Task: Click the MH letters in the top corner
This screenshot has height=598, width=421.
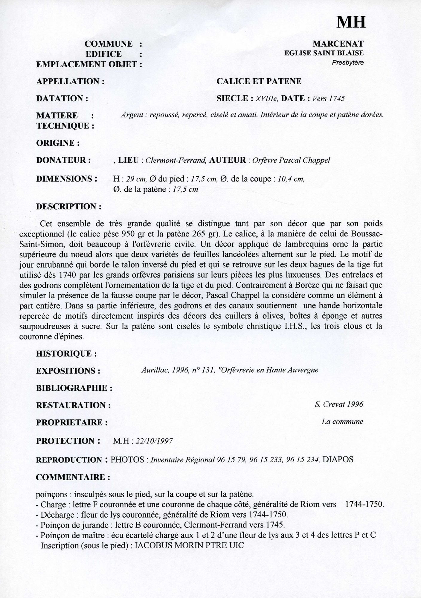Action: tap(351, 22)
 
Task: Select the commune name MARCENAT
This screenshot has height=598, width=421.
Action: tap(338, 44)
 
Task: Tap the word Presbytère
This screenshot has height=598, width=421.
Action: tap(347, 63)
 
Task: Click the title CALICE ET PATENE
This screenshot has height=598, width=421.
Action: tap(259, 81)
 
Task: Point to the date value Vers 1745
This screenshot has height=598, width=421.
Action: tap(328, 98)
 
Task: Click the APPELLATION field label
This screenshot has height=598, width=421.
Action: tap(70, 81)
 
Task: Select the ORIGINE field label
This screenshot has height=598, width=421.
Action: tap(58, 143)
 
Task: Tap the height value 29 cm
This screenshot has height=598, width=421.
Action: tap(136, 179)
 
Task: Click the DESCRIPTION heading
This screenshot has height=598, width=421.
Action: tap(68, 207)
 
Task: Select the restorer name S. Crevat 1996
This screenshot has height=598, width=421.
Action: tap(338, 405)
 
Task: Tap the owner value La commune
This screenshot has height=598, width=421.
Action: tap(342, 422)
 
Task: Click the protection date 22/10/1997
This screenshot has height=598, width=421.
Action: tap(154, 441)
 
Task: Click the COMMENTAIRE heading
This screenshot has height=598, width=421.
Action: tap(73, 477)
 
